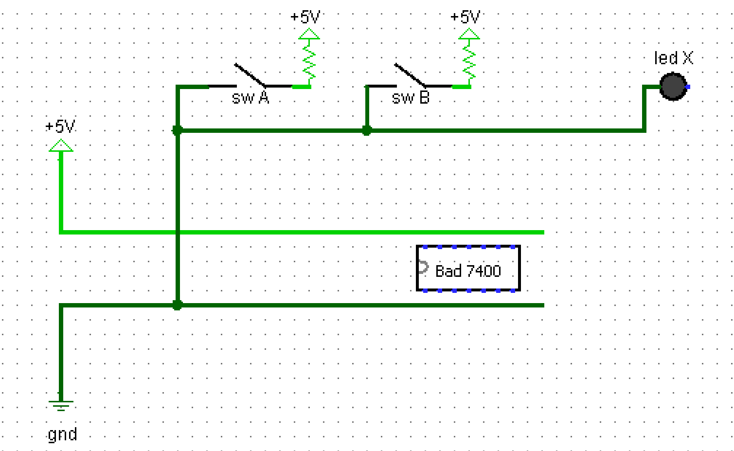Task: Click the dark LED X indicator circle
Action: [673, 87]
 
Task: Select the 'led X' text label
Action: [673, 58]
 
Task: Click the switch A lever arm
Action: [250, 74]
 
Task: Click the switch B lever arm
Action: [410, 74]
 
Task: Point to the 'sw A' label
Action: [251, 98]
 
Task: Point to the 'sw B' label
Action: [411, 98]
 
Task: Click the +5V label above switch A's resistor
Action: [305, 17]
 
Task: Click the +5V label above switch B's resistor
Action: [465, 17]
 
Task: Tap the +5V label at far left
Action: [60, 126]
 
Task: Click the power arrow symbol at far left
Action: [61, 145]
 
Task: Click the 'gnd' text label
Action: [62, 434]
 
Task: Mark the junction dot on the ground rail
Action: [178, 305]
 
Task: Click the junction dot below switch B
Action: [367, 130]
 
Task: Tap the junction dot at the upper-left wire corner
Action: [178, 130]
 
